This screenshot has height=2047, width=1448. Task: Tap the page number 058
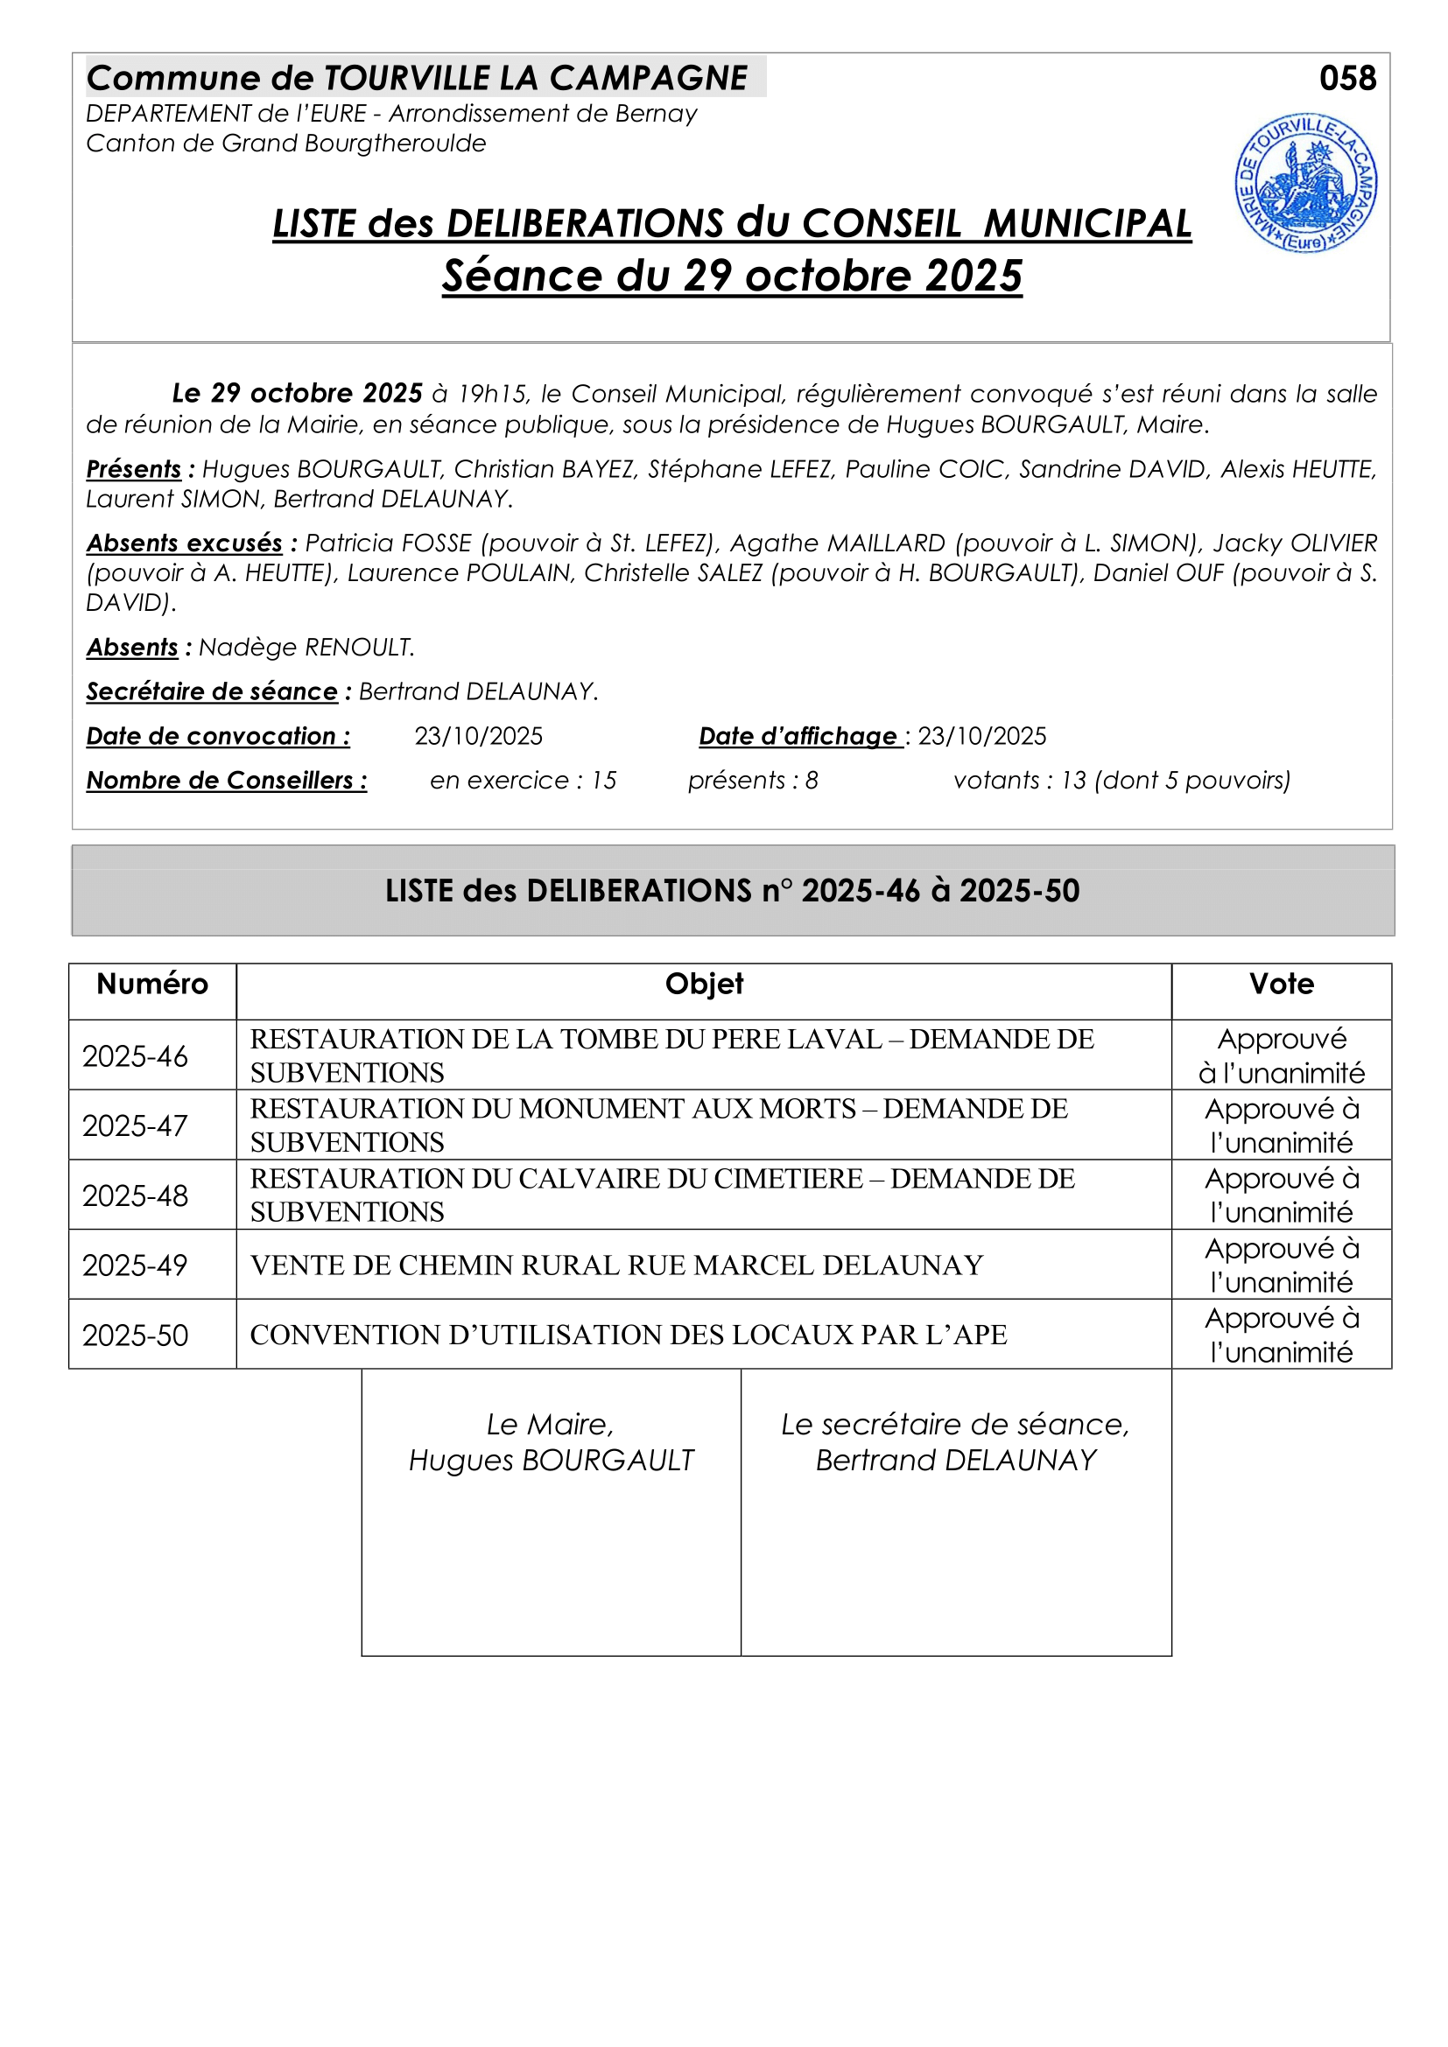click(1347, 79)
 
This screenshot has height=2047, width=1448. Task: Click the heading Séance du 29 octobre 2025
click(732, 276)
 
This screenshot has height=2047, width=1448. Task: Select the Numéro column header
click(152, 985)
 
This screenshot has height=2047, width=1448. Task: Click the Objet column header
click(704, 985)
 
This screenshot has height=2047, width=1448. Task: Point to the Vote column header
click(1282, 985)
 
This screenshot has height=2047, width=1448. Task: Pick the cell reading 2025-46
click(136, 1056)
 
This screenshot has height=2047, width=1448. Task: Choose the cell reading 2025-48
click(136, 1195)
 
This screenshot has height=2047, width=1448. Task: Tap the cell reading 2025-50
click(136, 1335)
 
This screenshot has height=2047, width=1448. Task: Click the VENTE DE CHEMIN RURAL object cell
click(616, 1265)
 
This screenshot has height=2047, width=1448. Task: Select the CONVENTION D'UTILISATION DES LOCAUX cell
click(629, 1335)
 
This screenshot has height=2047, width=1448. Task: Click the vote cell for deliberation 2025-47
click(1282, 1125)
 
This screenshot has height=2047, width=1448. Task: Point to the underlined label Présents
click(134, 469)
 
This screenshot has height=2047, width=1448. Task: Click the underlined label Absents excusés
click(185, 543)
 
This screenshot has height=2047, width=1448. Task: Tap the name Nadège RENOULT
click(306, 648)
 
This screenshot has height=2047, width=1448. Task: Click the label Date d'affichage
click(798, 736)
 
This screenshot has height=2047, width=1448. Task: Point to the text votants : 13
click(1019, 781)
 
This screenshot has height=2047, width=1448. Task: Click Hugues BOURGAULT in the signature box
click(551, 1461)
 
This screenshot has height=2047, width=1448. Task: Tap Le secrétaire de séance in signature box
click(955, 1425)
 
